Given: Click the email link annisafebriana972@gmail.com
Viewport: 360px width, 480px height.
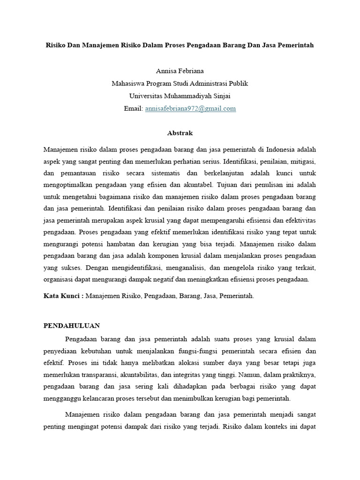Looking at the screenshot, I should point(190,108).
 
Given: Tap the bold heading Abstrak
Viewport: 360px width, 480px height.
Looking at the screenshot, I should point(180,133).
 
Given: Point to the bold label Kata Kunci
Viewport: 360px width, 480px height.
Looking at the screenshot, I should point(60,296).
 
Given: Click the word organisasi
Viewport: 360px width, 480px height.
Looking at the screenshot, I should point(60,279).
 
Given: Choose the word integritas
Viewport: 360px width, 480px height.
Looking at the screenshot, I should point(190,375).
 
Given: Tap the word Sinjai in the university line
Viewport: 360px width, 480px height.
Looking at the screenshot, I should point(221,96).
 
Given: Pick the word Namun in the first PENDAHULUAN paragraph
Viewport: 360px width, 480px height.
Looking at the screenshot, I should point(249,375).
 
